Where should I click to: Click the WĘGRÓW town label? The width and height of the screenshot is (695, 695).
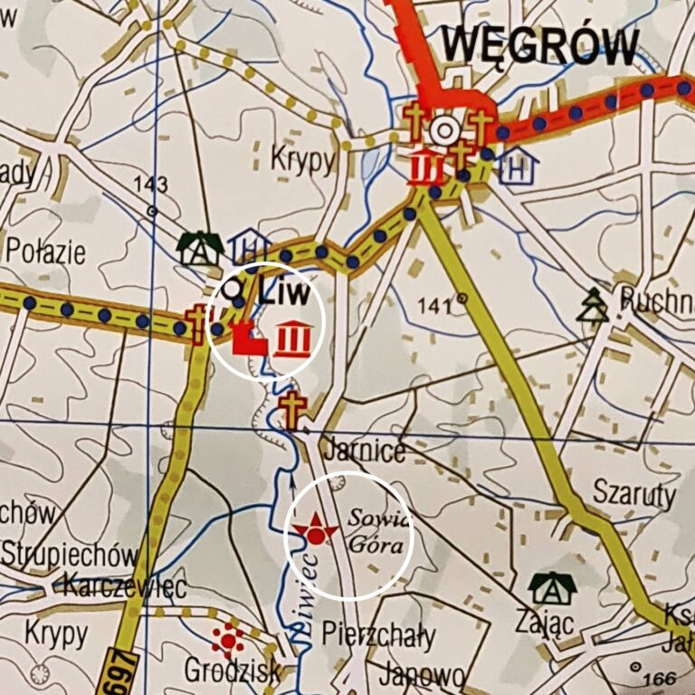(x=540, y=47)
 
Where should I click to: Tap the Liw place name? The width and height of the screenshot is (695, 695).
(x=283, y=291)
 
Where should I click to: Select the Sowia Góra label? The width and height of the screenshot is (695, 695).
(x=373, y=535)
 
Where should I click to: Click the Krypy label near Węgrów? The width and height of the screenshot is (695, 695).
(x=302, y=160)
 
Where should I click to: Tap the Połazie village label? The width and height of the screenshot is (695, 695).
(x=45, y=252)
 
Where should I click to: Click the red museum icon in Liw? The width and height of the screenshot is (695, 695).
(x=292, y=338)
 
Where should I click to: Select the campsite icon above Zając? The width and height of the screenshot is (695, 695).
(x=552, y=587)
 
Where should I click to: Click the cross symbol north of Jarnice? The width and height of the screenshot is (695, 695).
(x=290, y=410)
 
